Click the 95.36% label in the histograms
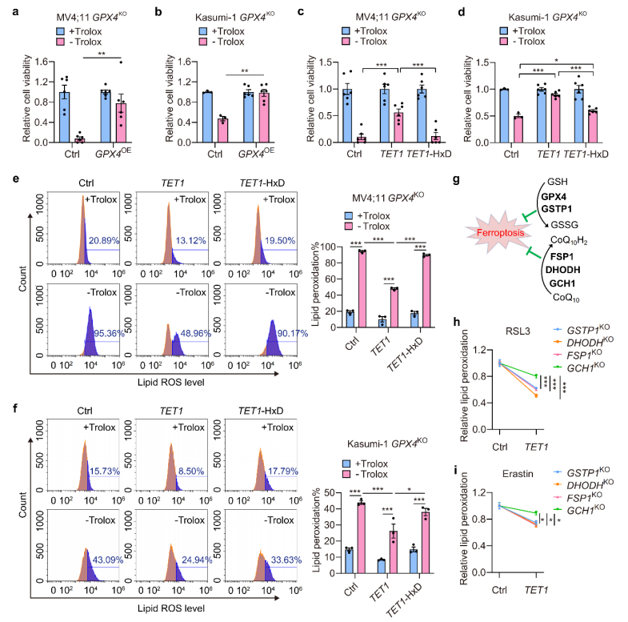[x=109, y=334]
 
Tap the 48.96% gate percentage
[x=195, y=334]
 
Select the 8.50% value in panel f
[x=191, y=471]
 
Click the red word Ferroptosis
[x=500, y=233]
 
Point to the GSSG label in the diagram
[x=564, y=225]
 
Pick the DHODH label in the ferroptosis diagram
[x=562, y=270]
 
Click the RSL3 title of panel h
[x=518, y=331]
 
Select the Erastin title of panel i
[x=518, y=474]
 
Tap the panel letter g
[x=456, y=180]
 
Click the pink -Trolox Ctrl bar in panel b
[x=222, y=130]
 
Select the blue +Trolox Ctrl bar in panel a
[x=65, y=117]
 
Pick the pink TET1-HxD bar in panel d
[x=592, y=126]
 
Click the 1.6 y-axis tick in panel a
[x=42, y=62]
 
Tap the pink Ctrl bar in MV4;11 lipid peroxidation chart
[x=362, y=289]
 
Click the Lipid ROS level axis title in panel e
[x=171, y=383]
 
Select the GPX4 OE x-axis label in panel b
[x=256, y=154]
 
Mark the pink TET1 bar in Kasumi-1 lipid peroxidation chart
[x=394, y=552]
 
